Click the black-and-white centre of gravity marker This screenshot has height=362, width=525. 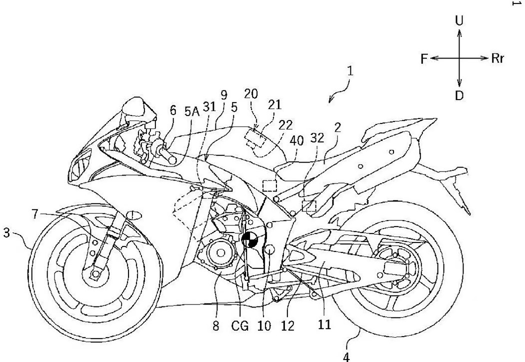249,240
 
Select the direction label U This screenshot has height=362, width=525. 459,20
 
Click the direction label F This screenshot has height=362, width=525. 424,59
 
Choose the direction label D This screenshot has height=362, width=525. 459,95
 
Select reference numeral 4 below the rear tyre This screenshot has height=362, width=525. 346,356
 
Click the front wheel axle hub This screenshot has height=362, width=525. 93,273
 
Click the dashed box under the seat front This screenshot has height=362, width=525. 270,185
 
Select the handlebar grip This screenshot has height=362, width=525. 165,152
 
